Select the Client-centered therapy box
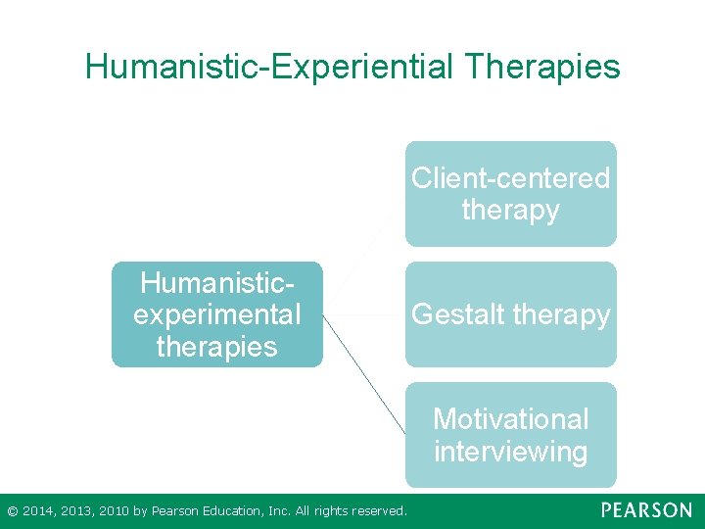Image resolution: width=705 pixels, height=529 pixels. tap(511, 193)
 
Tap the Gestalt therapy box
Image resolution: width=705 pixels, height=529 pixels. tap(511, 314)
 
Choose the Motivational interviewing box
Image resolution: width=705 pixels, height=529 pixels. tap(511, 435)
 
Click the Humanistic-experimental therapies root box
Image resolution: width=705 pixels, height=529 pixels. tap(216, 314)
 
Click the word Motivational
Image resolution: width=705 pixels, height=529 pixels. tap(511, 419)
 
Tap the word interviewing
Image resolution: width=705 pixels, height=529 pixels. tap(511, 452)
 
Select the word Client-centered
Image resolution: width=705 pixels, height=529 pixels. tap(511, 178)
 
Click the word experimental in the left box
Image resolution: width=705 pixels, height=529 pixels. tap(216, 314)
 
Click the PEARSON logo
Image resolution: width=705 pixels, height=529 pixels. tap(646, 510)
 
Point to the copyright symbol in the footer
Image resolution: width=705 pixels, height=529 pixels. tap(12, 510)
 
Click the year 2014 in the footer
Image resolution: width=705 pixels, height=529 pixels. tap(36, 510)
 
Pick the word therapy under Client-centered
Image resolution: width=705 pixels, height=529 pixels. tap(511, 210)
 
